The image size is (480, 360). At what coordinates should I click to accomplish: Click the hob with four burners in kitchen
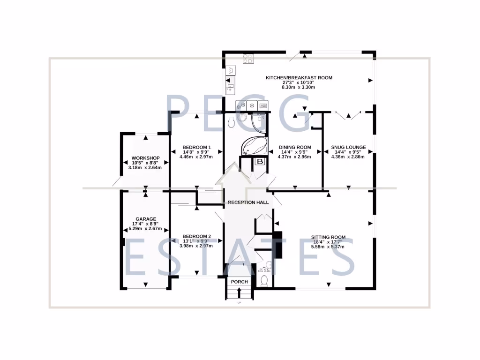pos(248,59)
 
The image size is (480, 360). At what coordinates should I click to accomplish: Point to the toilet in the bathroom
pos(230,123)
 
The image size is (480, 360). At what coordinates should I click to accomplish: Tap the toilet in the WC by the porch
pos(264,280)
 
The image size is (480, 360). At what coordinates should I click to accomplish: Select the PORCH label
pos(239,282)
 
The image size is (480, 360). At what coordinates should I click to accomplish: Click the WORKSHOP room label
pos(145,158)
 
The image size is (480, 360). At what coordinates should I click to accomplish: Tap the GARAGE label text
pos(145,219)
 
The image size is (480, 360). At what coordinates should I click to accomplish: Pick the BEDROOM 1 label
pos(196,147)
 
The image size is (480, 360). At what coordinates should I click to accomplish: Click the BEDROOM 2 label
pos(196,236)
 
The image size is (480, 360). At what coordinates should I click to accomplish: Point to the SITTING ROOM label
pos(328,237)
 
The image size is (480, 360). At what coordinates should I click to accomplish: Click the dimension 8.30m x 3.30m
pos(299,87)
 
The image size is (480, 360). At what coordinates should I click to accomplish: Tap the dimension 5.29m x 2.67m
pos(145,229)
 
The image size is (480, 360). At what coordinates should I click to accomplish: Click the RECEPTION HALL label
pos(248,202)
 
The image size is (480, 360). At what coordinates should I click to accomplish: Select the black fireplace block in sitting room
pos(278,245)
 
